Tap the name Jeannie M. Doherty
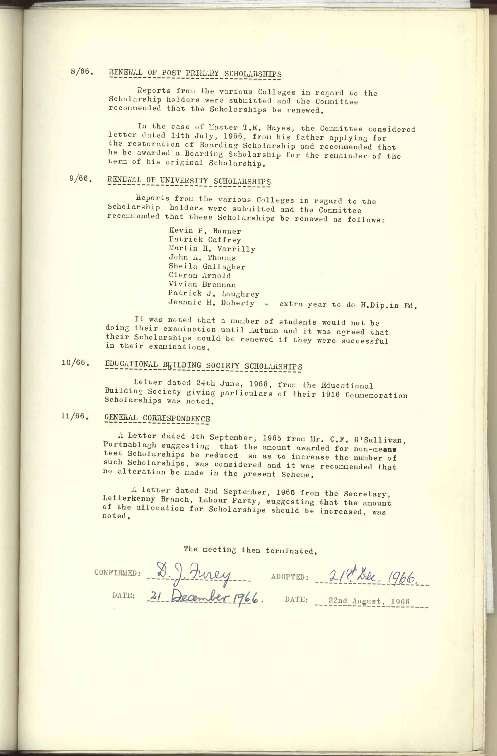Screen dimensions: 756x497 [211, 303]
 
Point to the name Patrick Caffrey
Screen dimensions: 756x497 [205, 240]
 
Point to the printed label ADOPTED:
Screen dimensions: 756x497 [290, 577]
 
